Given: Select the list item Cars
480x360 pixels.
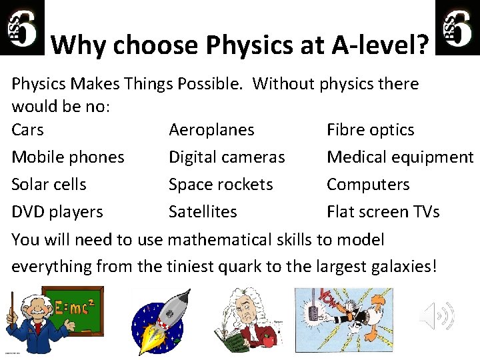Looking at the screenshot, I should coord(27,130).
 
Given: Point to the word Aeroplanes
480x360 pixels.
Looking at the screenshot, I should coord(211,130).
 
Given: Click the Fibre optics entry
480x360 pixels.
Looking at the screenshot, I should coord(370,130).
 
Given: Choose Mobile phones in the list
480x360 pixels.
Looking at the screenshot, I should coord(68,157).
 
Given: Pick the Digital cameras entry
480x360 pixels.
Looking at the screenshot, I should coord(227,157).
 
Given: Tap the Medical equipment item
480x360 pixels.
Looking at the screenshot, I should coord(400,157).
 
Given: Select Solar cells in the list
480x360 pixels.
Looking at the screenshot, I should coord(49,185).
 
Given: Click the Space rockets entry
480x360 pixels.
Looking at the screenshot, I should coord(221,185).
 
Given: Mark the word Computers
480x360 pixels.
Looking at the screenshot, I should coord(368,185).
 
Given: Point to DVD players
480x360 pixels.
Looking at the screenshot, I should coord(57,212).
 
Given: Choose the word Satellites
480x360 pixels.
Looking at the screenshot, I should coord(203,212).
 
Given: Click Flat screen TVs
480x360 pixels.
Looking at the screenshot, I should coord(383,212).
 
